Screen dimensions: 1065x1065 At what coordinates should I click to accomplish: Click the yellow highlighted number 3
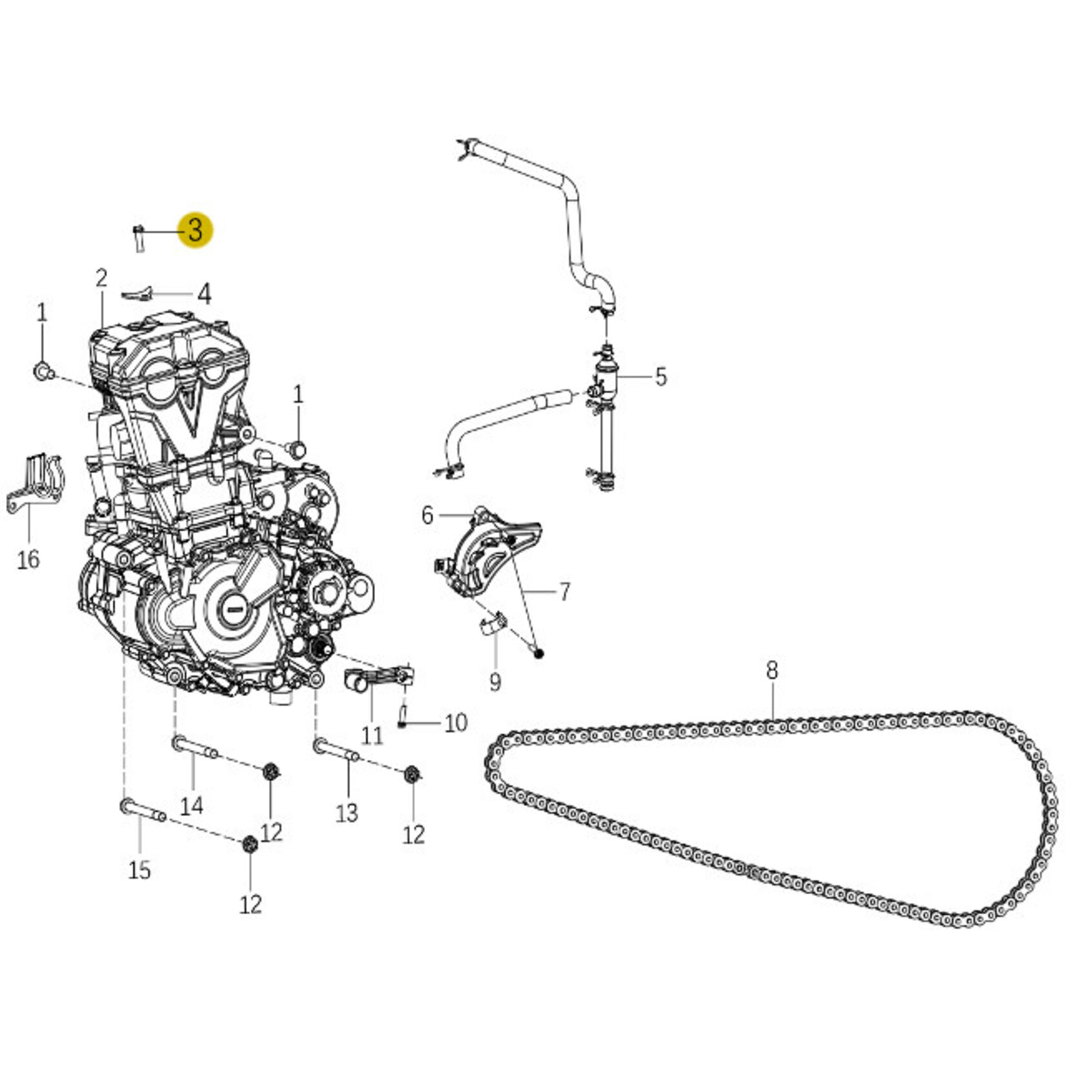195,230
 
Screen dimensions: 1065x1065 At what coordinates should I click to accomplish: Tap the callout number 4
204,295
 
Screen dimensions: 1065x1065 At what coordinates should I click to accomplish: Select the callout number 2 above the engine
101,278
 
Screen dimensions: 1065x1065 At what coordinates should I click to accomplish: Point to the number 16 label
28,559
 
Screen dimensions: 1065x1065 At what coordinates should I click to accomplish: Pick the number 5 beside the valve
661,376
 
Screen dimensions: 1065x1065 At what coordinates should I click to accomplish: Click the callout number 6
427,516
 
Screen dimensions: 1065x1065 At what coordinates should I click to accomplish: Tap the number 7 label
564,592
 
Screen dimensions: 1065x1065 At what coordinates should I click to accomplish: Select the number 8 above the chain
772,670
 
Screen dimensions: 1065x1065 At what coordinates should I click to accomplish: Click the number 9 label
494,681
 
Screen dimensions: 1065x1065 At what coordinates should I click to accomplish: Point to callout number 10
456,723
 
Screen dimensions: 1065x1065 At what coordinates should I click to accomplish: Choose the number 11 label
372,735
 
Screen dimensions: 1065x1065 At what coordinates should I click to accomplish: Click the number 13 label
347,812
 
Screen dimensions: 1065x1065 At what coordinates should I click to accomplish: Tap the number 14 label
191,805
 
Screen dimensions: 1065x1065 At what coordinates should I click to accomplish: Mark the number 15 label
139,870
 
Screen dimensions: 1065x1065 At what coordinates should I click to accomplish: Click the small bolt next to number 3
139,237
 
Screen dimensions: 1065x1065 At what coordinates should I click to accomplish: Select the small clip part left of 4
137,293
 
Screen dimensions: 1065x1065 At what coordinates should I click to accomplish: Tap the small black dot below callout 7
540,654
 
